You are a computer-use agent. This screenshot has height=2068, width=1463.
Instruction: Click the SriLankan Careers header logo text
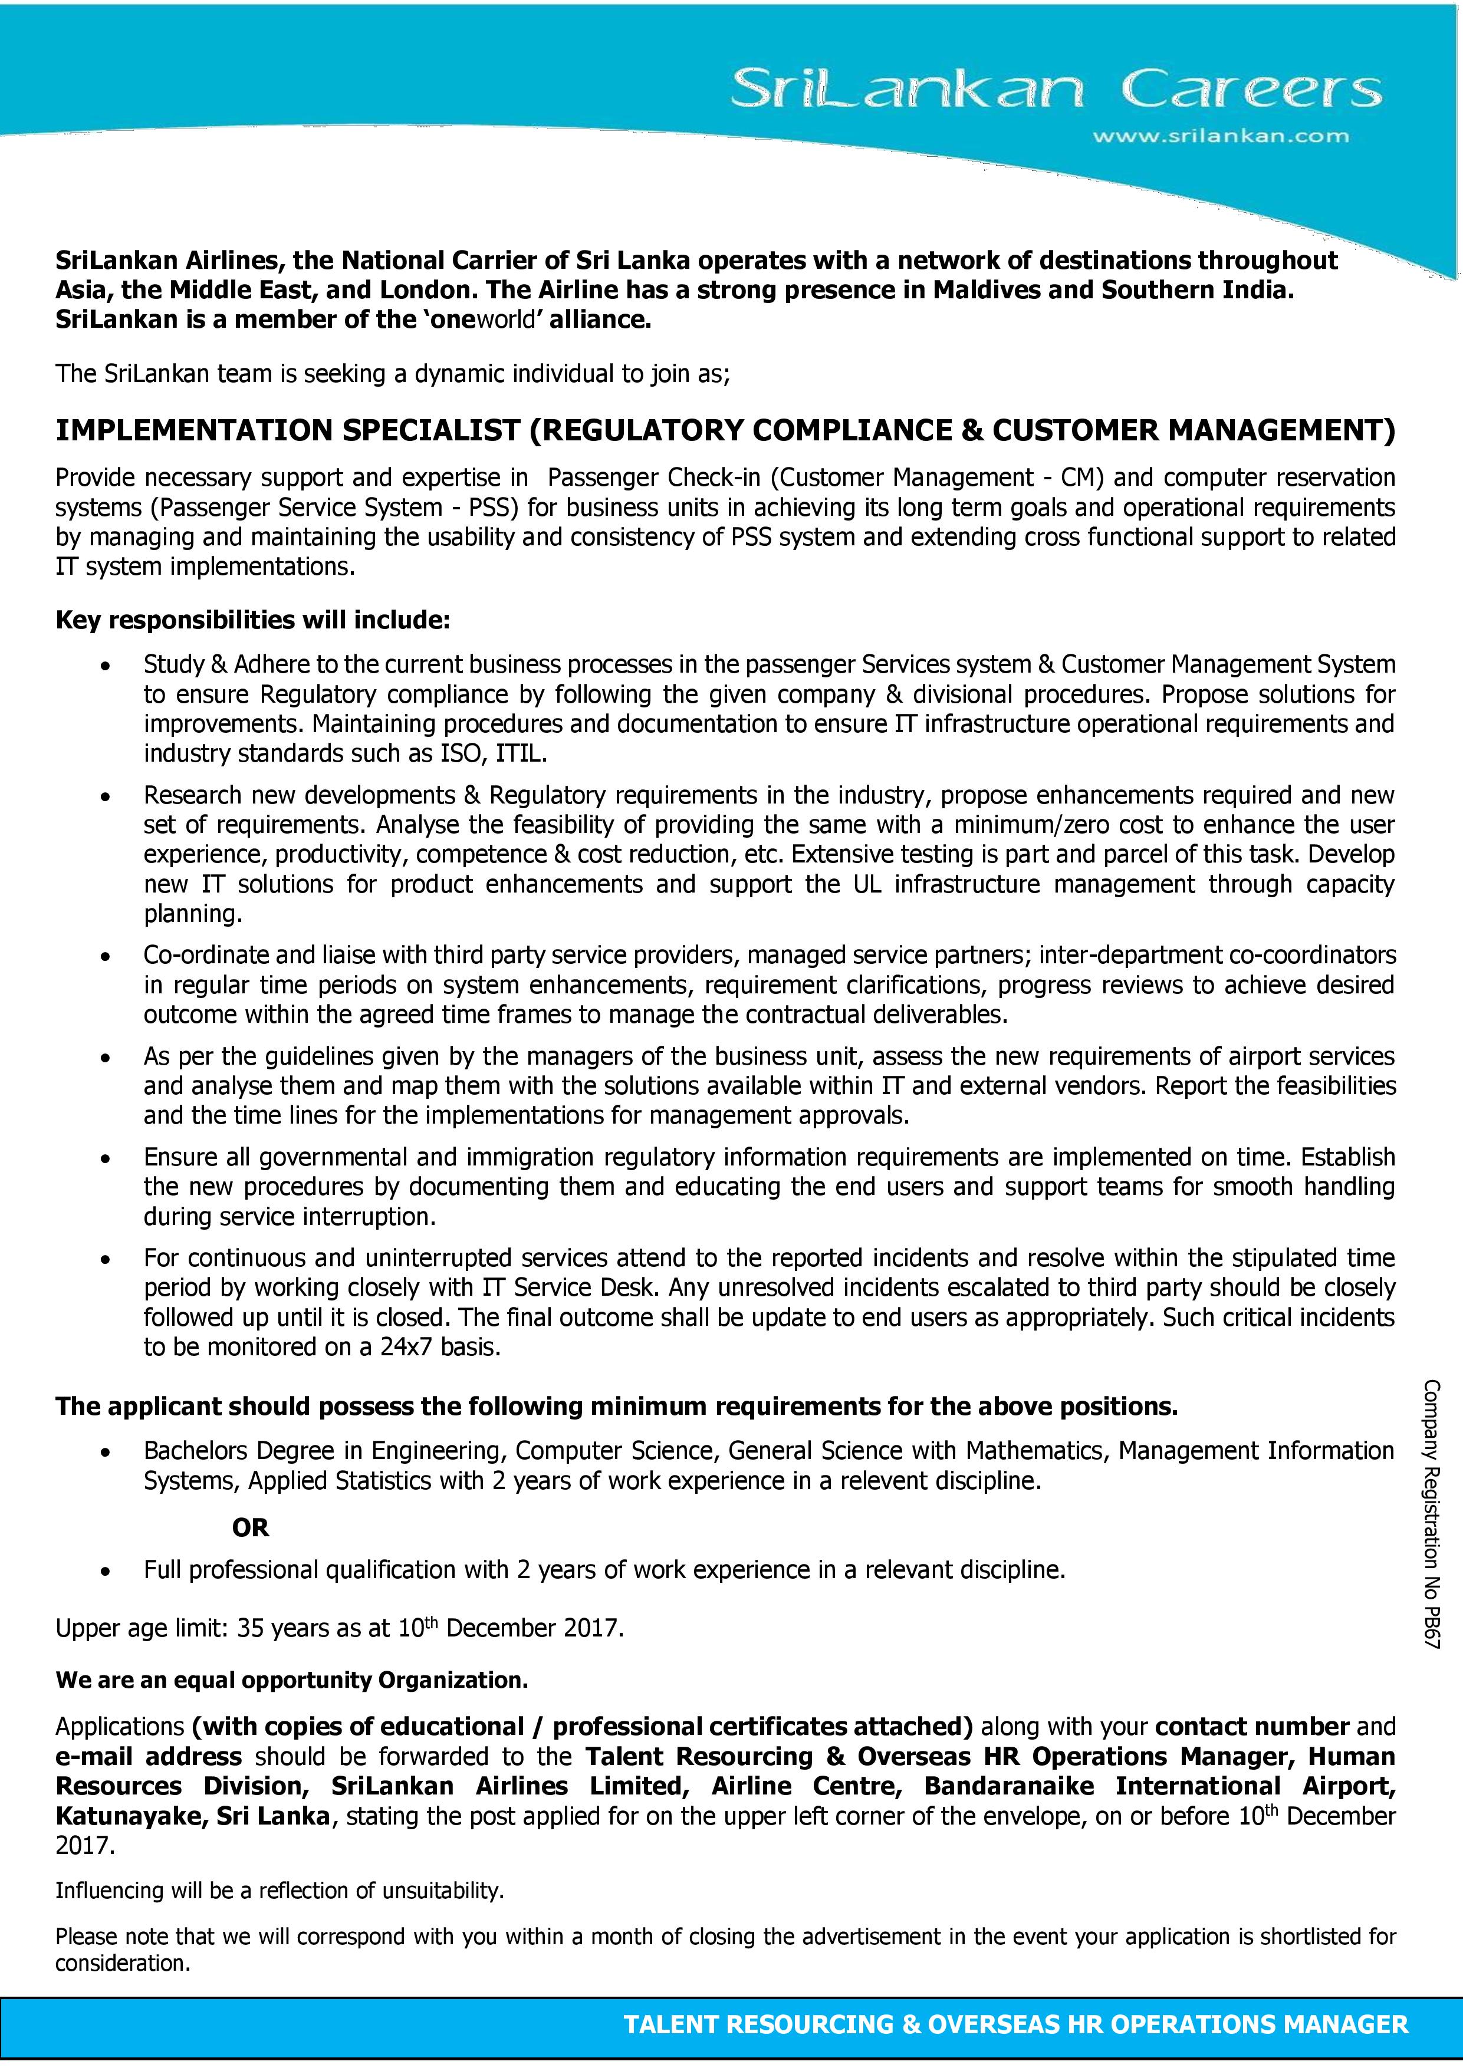[x=1055, y=91]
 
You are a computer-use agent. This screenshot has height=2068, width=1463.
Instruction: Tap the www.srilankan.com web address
[x=1221, y=137]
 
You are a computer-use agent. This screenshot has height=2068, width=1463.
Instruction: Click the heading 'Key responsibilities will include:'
[x=252, y=621]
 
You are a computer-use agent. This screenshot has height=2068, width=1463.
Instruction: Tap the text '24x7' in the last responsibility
[x=409, y=1348]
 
